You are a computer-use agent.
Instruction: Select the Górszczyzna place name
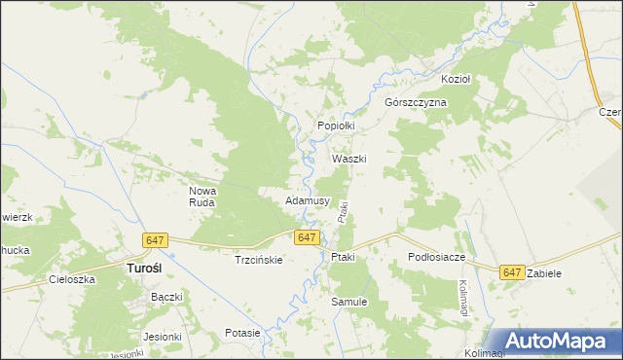(x=415, y=102)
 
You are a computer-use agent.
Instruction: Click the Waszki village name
(x=348, y=159)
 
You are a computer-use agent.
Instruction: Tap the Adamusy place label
(x=308, y=200)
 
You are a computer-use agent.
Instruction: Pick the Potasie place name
(x=241, y=333)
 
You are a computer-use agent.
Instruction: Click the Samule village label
(x=349, y=302)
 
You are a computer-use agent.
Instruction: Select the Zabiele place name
(x=543, y=274)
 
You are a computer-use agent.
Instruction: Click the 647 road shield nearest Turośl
(x=155, y=240)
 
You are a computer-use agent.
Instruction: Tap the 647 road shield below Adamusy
(x=307, y=237)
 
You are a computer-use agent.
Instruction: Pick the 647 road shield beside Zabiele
(x=513, y=273)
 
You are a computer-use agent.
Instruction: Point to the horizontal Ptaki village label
(x=343, y=257)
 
